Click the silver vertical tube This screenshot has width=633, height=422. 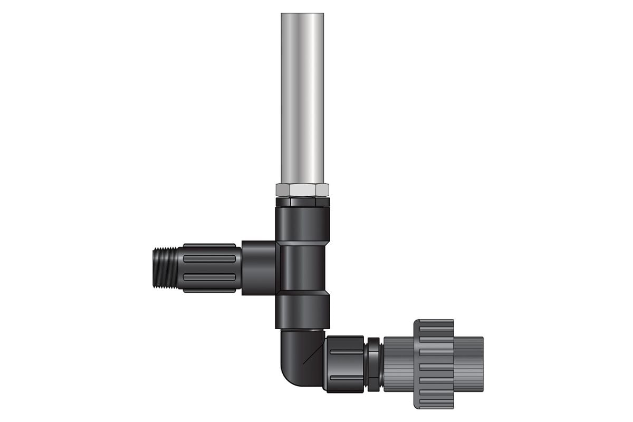302,100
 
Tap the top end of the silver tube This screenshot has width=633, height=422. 302,15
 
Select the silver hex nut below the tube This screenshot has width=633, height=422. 302,190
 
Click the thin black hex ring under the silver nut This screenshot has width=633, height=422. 302,202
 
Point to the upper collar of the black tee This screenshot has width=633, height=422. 302,224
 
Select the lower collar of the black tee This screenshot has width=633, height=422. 302,311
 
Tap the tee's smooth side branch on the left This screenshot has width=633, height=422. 259,267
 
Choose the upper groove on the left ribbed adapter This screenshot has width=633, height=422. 209,258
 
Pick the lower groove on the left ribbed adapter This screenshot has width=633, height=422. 209,277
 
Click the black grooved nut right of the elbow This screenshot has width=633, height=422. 344,364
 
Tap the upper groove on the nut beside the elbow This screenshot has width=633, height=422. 346,352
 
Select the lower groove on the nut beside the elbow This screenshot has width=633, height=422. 346,376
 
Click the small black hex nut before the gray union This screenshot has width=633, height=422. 373,364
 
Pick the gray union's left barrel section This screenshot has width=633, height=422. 398,364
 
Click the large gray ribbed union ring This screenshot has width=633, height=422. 434,364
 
